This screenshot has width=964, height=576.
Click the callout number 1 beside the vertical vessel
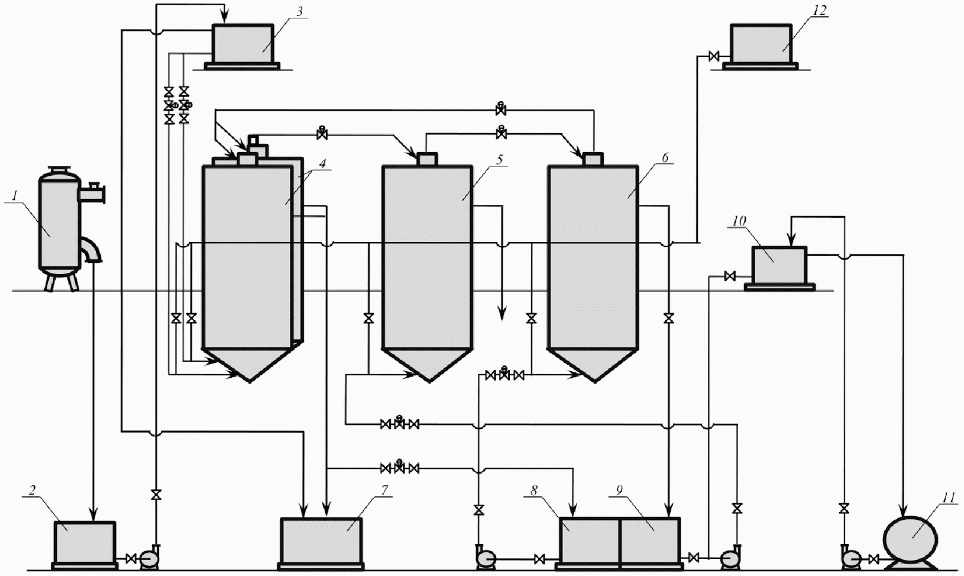click(x=15, y=196)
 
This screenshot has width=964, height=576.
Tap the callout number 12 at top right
click(x=820, y=10)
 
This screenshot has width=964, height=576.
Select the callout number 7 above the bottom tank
click(x=384, y=490)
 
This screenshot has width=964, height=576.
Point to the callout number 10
click(x=739, y=221)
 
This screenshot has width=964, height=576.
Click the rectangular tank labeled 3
click(x=242, y=44)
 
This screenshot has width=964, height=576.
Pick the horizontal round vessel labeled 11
click(x=910, y=539)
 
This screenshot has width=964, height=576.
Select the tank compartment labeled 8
click(x=589, y=540)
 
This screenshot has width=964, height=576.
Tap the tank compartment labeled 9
click(x=650, y=540)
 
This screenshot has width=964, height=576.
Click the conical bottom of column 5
click(x=428, y=363)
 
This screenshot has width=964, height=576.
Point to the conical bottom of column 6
click(x=593, y=363)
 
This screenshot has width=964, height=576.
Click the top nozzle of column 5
click(x=427, y=159)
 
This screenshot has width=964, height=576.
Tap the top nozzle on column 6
click(x=593, y=159)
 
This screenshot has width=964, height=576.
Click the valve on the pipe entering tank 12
click(x=714, y=56)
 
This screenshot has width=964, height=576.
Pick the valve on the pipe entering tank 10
click(x=730, y=276)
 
